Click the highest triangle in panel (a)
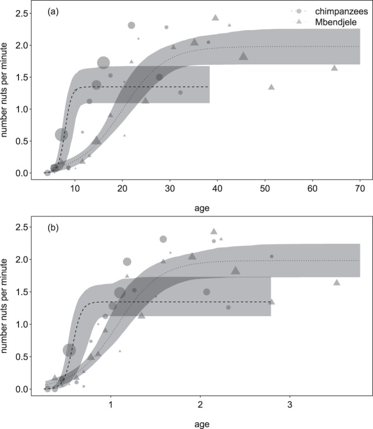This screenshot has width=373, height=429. pos(216,17)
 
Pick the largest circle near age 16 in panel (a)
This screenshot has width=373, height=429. pos(103,63)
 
